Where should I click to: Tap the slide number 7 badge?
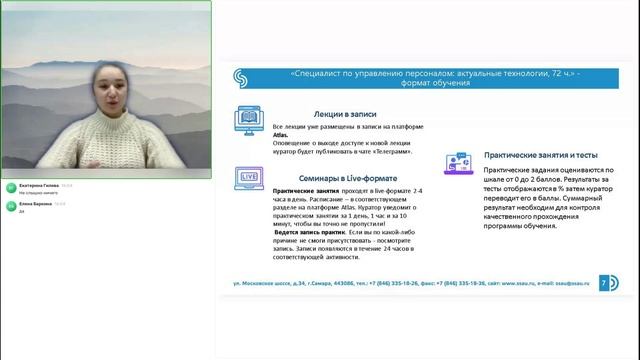(603, 283)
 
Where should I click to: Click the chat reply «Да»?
(22, 211)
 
